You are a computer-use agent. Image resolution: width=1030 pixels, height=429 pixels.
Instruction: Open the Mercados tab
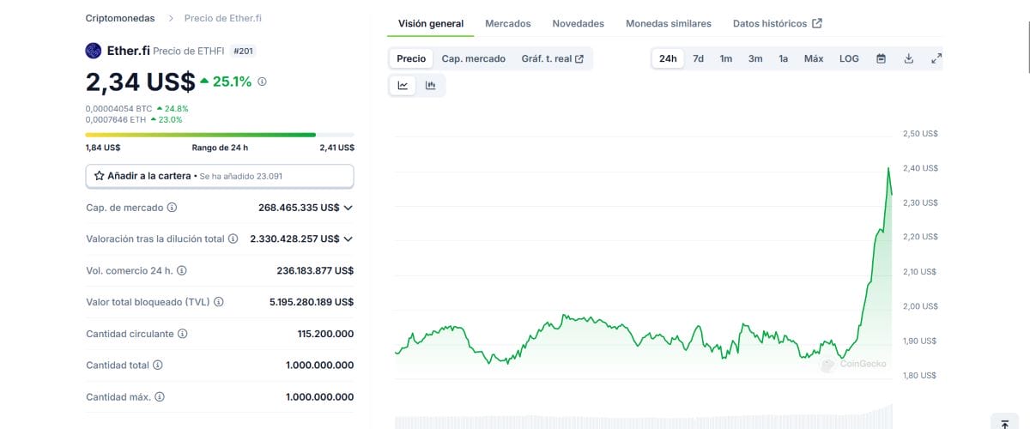click(507, 23)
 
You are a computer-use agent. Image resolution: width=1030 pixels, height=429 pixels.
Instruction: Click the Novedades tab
click(578, 23)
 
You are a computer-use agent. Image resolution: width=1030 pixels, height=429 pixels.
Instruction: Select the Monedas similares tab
click(668, 23)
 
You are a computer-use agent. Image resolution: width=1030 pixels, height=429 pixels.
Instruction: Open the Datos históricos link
click(777, 23)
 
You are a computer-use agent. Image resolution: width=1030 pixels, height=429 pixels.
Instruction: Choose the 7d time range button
click(698, 59)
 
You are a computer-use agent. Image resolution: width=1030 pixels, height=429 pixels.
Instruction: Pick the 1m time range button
click(726, 59)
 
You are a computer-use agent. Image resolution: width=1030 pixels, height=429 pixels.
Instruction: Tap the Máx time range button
click(814, 59)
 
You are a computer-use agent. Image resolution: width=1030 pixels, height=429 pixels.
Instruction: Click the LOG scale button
click(849, 59)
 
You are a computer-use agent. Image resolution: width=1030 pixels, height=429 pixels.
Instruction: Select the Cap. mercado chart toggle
click(473, 59)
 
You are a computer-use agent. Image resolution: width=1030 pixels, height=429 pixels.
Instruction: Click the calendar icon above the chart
click(881, 59)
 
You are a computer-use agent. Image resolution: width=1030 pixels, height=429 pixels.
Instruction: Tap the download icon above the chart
click(909, 59)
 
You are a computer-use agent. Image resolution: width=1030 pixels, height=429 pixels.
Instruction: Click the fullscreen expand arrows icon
click(936, 59)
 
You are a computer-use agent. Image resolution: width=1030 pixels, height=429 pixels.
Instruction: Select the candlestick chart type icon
click(430, 85)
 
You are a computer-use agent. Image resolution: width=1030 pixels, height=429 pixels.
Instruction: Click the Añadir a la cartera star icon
click(99, 176)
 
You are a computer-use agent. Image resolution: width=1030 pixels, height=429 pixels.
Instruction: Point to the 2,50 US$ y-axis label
click(920, 133)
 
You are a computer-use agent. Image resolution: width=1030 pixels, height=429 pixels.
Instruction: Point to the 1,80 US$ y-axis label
click(919, 375)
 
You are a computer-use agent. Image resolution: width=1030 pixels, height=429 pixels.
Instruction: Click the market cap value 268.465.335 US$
click(299, 208)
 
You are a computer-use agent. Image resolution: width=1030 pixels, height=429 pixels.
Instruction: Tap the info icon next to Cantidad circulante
click(183, 334)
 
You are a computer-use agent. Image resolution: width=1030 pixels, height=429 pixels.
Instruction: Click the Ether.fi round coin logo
click(94, 51)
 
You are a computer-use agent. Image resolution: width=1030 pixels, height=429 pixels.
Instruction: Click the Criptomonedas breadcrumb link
click(120, 18)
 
